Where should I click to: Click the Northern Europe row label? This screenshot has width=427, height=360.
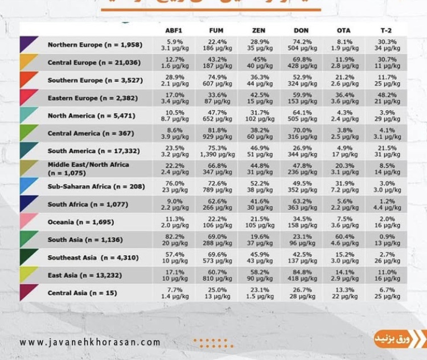(95, 45)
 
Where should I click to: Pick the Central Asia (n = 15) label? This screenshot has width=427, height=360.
(83, 293)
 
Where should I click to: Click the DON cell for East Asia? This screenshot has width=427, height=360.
(302, 275)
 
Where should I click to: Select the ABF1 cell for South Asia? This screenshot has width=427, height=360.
(175, 240)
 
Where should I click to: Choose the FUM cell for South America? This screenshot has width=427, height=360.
(216, 151)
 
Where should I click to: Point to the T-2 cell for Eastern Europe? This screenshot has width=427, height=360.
(386, 98)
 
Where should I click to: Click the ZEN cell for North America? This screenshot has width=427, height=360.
(259, 116)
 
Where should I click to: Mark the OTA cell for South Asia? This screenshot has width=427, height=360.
(344, 240)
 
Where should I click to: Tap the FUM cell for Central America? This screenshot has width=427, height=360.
(216, 133)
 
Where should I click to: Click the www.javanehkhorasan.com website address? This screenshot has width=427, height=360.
(90, 342)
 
